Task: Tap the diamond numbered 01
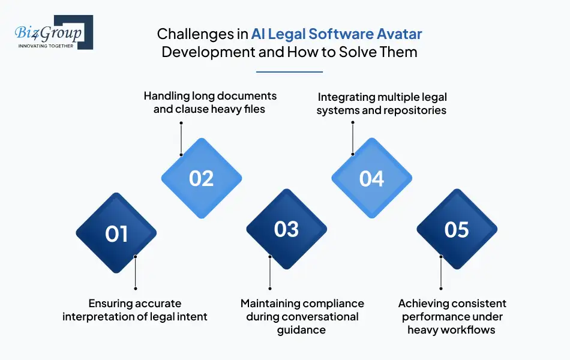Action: coord(116,233)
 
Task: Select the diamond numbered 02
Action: coord(202,178)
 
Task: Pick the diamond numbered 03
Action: coord(287,229)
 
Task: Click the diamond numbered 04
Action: coord(372,178)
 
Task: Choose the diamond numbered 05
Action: coord(457,229)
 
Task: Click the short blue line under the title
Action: coord(289,72)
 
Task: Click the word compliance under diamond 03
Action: coord(332,304)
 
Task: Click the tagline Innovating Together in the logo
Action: coord(46,45)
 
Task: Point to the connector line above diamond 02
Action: coord(181,138)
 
